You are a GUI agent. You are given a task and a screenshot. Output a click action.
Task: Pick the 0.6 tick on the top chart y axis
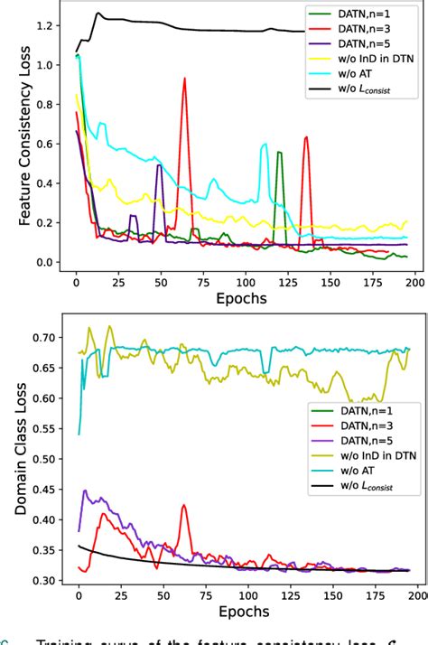tap(44, 144)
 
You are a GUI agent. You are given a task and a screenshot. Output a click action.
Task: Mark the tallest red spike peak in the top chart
tap(184, 79)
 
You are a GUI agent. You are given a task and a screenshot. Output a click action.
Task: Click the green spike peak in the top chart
tap(279, 153)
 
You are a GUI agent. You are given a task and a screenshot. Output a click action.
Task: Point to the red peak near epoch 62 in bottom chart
tap(183, 506)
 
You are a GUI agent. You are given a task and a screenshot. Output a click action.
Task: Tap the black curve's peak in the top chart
tap(98, 14)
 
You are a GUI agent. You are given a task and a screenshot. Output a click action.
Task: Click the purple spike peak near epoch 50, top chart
tap(160, 165)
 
